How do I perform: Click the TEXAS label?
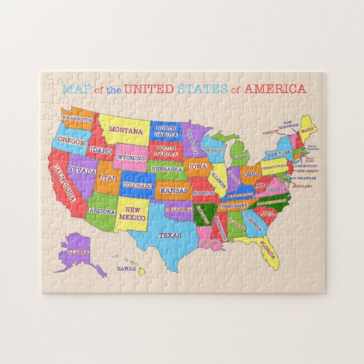[170, 235]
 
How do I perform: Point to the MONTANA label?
[122, 130]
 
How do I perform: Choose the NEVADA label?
[81, 169]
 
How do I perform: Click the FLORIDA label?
[268, 246]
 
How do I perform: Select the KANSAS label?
[174, 191]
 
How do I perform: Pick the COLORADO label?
[138, 185]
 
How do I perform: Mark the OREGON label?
[72, 142]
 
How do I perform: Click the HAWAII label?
[127, 270]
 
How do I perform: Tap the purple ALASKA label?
[79, 252]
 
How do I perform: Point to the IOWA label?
[198, 167]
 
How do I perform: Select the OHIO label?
[250, 174]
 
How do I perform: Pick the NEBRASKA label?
[167, 169]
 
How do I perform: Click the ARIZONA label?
[102, 211]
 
